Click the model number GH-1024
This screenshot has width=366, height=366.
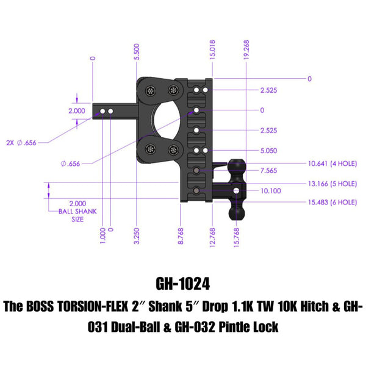point(182,284)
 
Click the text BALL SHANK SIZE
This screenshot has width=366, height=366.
point(77,212)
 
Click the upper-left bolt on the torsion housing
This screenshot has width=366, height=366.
point(151,91)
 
